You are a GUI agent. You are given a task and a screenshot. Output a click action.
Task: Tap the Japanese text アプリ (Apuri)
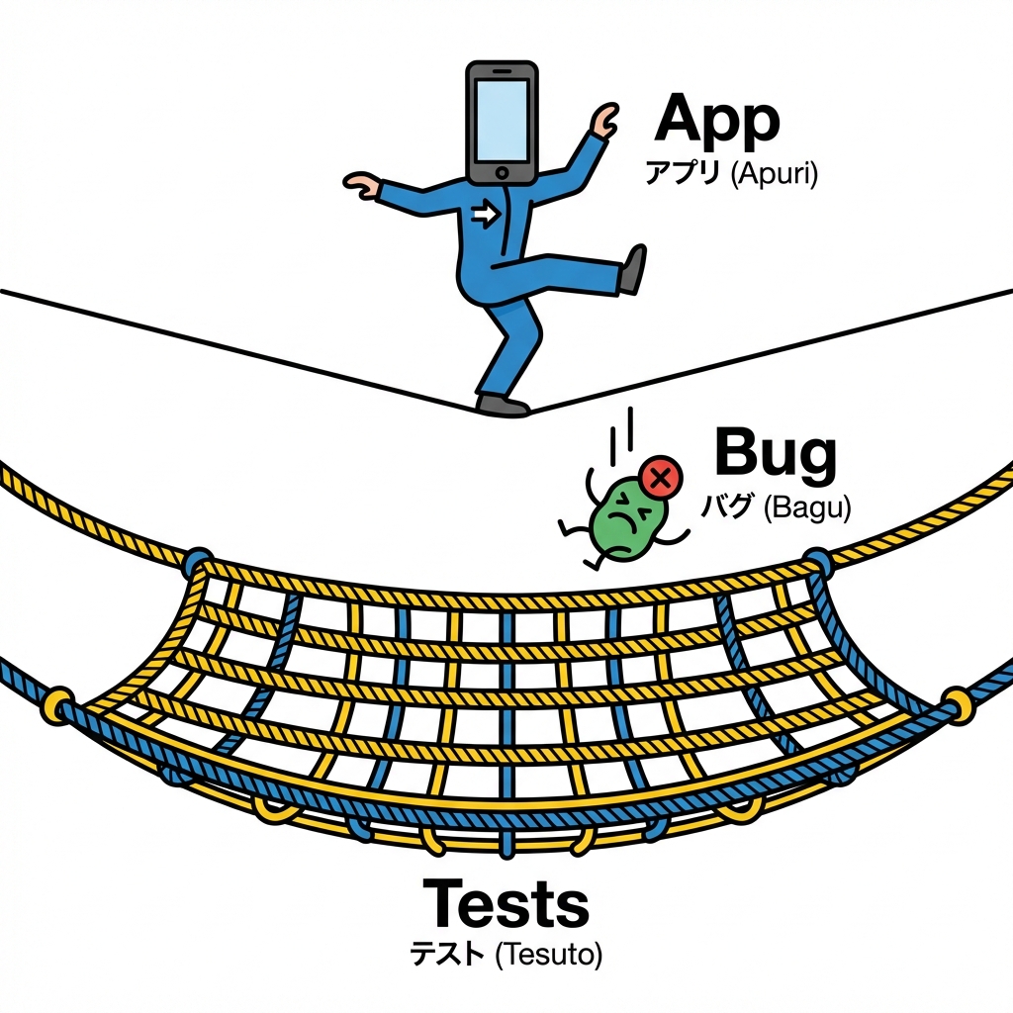coord(731,176)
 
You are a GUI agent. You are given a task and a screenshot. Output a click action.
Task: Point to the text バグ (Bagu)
coord(776,508)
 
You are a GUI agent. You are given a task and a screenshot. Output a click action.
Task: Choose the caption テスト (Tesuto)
coord(506,955)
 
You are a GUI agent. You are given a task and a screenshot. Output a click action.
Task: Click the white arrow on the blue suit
coord(485,215)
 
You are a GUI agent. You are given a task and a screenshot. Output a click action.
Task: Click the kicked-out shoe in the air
coord(631,270)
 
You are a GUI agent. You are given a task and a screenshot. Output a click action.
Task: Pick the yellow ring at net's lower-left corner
coord(56,702)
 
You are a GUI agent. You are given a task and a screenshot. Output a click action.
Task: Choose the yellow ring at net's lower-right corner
coord(957,704)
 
